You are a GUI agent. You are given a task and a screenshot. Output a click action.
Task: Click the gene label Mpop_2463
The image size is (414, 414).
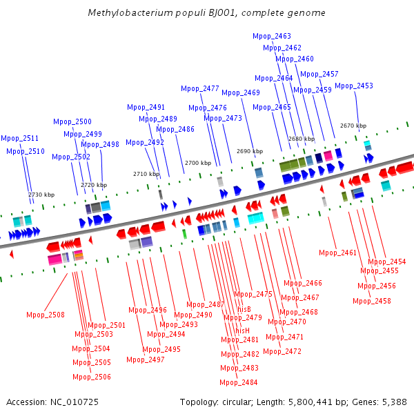[x=272, y=36]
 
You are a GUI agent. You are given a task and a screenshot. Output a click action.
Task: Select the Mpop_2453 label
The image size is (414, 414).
[x=354, y=86]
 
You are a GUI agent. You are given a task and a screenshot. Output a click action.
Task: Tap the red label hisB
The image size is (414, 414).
[x=244, y=309]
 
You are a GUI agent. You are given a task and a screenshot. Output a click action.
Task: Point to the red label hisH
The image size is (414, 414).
[x=242, y=331]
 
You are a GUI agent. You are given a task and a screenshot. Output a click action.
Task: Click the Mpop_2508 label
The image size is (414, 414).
[x=46, y=315]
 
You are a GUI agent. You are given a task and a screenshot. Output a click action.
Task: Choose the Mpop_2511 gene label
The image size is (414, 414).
[x=20, y=138]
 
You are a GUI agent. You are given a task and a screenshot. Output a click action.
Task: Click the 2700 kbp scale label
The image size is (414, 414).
[x=198, y=163]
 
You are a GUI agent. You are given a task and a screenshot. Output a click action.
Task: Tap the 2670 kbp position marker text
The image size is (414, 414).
[x=353, y=126]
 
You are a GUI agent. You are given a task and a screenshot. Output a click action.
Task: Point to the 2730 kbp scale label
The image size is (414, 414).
[x=41, y=195]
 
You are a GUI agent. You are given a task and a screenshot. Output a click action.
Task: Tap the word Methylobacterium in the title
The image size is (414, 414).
[x=130, y=12]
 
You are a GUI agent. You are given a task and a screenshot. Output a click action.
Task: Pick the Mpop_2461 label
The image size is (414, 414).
[x=338, y=253]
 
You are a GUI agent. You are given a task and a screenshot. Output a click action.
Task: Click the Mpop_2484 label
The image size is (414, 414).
[x=239, y=382]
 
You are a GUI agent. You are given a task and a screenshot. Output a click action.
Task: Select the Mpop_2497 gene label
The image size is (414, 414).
[x=146, y=359]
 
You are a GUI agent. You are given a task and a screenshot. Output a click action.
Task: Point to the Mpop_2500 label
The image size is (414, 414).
[x=72, y=121]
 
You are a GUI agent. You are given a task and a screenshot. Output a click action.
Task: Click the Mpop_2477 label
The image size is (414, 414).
[x=200, y=88]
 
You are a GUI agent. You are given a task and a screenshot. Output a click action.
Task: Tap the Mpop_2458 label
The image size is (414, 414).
[x=372, y=301]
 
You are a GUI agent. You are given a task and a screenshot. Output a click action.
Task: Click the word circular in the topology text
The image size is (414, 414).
[x=237, y=402]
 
